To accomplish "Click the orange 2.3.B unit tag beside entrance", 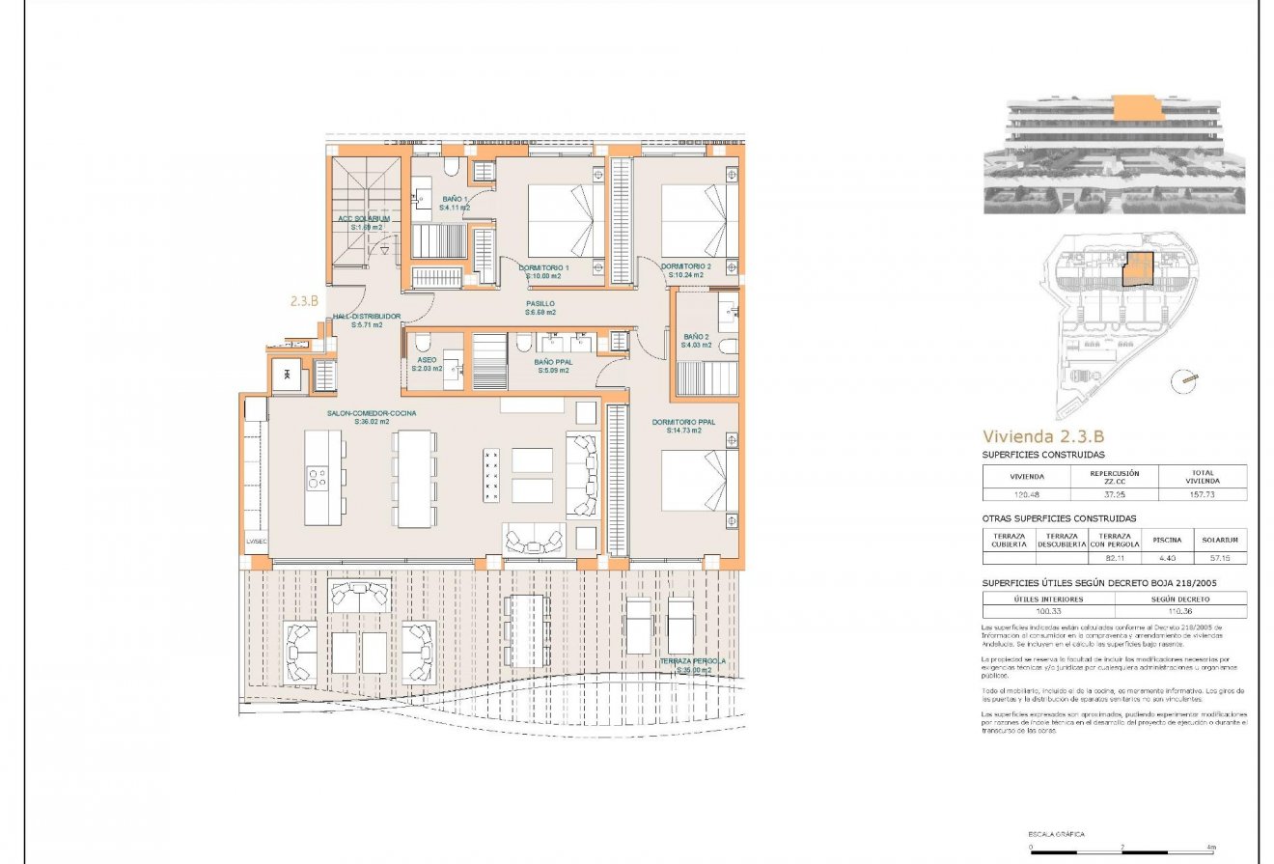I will click(304, 301).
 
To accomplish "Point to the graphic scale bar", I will click(1122, 847).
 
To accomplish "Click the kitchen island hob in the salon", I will click(316, 478).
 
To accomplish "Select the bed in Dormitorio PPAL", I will click(701, 480).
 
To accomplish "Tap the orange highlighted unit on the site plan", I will click(1140, 269).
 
